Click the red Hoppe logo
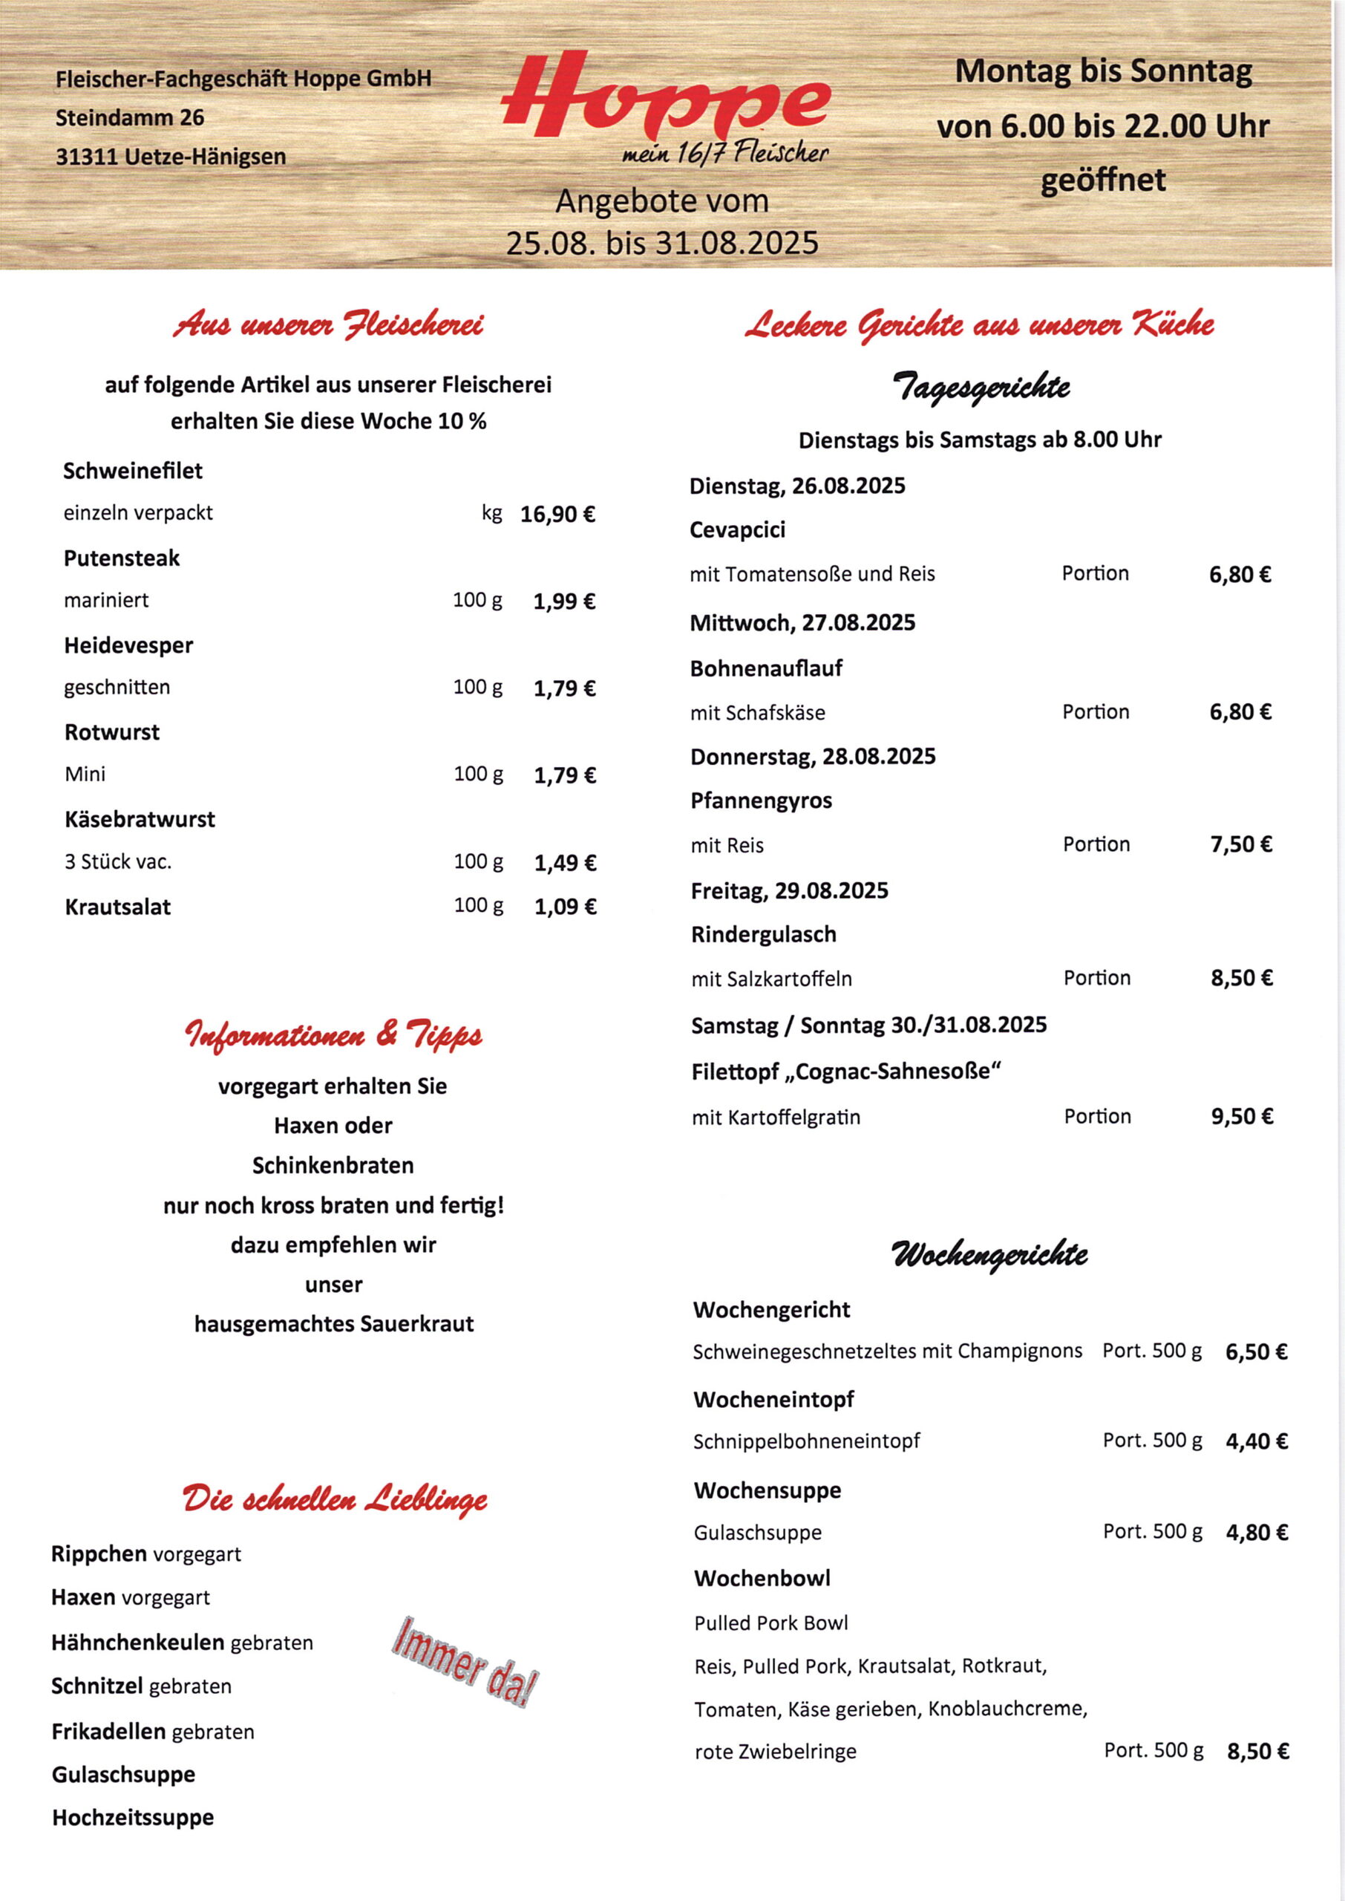coord(665,98)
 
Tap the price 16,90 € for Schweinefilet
coord(557,515)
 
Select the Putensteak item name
coord(122,558)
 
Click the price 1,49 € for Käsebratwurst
coord(565,863)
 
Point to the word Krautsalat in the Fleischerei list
coord(117,907)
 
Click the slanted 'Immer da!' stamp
coord(465,1661)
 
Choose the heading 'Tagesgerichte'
coord(981,387)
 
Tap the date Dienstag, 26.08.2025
coord(797,486)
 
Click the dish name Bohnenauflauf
coord(766,668)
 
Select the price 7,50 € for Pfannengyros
coord(1240,845)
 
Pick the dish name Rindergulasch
coord(764,934)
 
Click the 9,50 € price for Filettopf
coord(1242,1117)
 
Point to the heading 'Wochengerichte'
coord(989,1254)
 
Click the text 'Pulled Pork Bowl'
coord(771,1623)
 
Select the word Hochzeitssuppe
coord(134,1817)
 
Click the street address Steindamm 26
coord(130,117)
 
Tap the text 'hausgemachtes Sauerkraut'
coord(334,1324)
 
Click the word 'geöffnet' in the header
coord(1102,180)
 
